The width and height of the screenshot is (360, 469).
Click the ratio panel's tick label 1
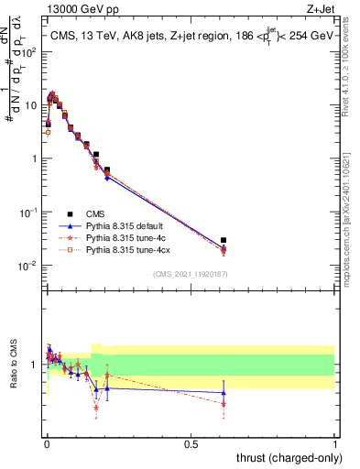point(37,365)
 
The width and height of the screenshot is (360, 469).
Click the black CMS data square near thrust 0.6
point(224,240)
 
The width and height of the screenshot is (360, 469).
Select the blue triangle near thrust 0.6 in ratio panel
point(224,393)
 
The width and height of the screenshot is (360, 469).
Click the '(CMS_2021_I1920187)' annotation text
point(190,272)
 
